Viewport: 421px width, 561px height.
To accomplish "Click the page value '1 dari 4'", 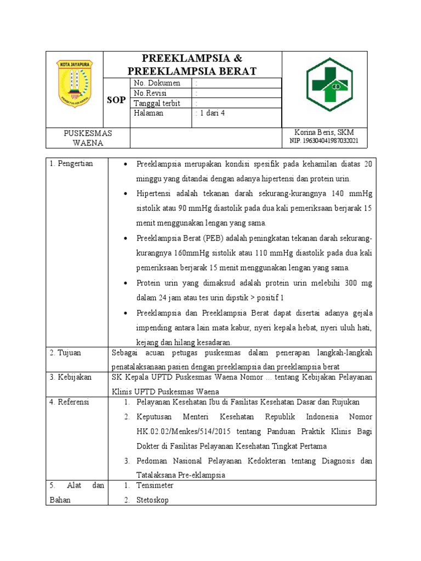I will [x=210, y=113].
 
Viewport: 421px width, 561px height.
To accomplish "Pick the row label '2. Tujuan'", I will [x=65, y=352].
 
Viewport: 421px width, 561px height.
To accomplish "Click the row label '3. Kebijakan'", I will [x=71, y=377].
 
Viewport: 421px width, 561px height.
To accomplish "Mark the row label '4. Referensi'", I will [x=70, y=402].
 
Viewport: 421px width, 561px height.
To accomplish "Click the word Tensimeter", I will [x=155, y=485].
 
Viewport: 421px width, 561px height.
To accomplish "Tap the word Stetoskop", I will [x=153, y=500].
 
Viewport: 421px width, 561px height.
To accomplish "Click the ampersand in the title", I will [x=237, y=59].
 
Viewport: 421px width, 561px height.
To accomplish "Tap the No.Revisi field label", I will [x=151, y=93].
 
